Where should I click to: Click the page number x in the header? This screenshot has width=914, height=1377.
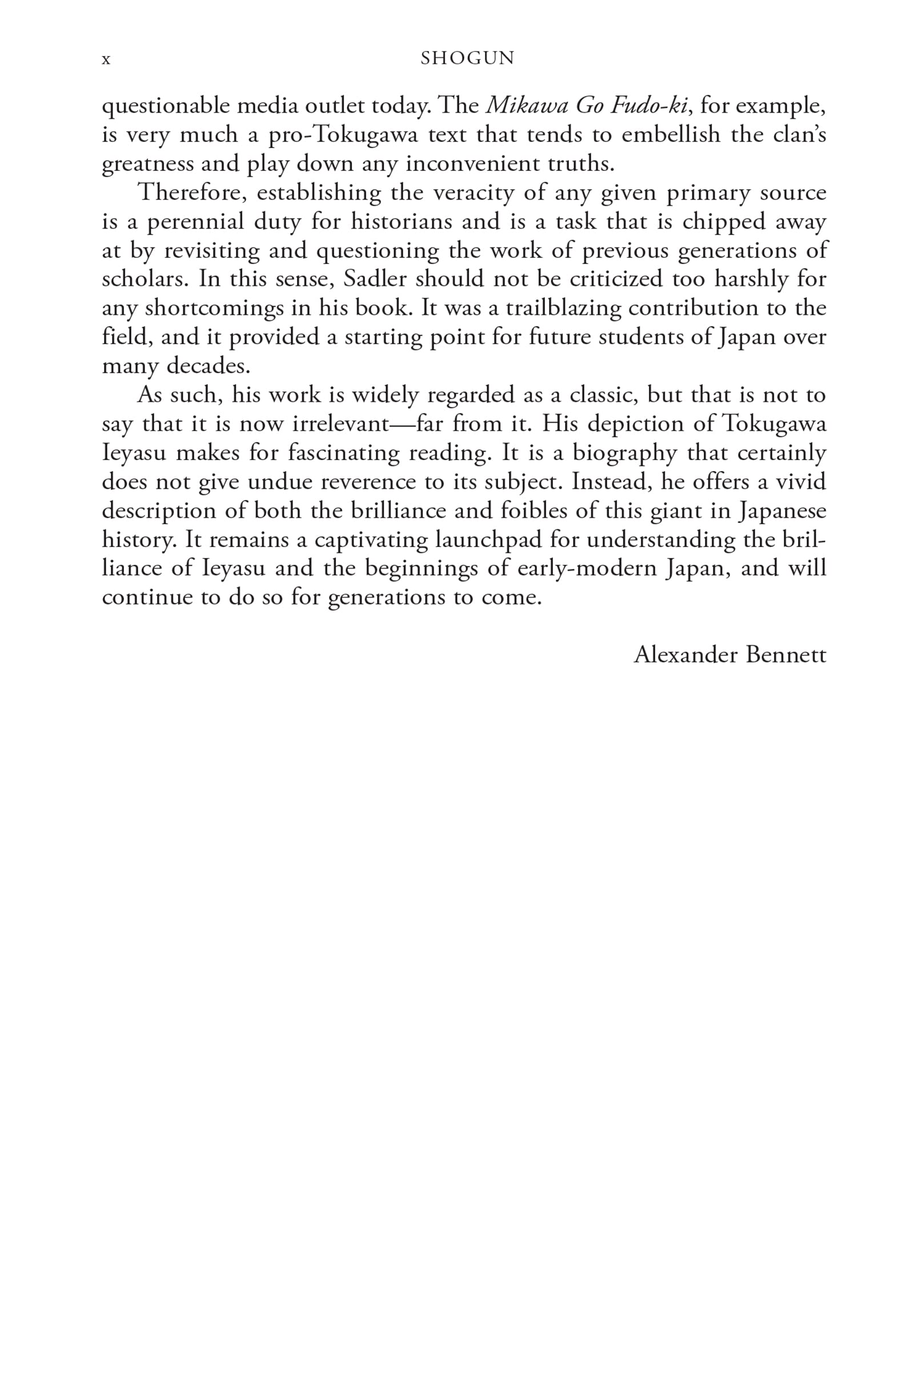pos(106,59)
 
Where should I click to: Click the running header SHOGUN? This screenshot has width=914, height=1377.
pos(467,58)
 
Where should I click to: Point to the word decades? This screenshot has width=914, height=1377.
pos(208,366)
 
